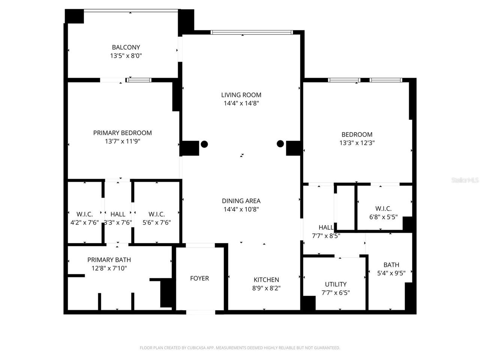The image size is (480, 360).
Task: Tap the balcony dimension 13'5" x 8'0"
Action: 126,56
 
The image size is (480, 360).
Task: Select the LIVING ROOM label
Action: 241,95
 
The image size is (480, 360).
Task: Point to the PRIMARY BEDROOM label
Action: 122,133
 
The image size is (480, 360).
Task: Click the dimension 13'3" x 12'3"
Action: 357,143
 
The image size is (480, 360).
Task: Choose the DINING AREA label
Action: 241,201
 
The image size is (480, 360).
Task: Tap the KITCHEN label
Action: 266,280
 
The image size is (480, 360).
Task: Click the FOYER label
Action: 199,278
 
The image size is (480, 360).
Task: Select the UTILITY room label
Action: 336,284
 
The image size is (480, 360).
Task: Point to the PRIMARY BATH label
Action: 109,260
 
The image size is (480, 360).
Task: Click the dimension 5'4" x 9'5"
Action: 391,273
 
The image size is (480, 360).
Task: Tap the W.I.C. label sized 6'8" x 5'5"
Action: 383,208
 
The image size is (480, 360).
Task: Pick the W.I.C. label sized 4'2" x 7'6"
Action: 85,214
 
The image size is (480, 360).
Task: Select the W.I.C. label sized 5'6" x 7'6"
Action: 157,214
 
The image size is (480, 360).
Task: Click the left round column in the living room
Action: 204,144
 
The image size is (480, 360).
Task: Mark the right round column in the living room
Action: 280,144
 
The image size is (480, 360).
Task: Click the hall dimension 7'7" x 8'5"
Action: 326,236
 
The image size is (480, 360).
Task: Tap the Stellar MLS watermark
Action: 465,180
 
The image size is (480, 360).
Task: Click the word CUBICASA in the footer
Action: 197,348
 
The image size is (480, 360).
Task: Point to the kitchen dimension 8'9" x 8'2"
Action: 266,288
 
